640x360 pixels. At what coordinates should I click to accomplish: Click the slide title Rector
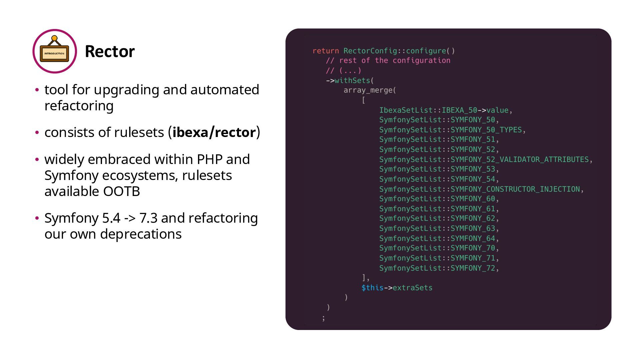tap(110, 51)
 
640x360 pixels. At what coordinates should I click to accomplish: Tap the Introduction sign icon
tap(54, 51)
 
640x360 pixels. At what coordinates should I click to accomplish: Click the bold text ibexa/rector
tap(214, 132)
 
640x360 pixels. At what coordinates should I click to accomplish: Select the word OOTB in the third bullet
tap(121, 191)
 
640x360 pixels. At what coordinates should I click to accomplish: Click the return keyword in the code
tap(325, 51)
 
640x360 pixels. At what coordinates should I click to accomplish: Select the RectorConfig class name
tap(370, 51)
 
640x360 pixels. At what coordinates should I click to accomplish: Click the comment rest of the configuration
tap(394, 61)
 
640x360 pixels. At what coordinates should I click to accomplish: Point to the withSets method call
tap(352, 81)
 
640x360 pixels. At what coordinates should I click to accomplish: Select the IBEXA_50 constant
tap(459, 110)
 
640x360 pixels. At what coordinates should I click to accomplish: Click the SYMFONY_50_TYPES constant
tap(486, 130)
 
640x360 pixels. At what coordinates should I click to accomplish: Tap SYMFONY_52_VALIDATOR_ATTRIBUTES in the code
tap(519, 160)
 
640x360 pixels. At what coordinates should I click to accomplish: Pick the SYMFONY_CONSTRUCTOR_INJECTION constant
tap(515, 189)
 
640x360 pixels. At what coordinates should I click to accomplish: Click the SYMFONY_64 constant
tap(473, 239)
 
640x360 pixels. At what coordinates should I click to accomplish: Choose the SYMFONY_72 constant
tap(473, 268)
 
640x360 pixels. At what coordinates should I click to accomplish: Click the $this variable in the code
tap(372, 288)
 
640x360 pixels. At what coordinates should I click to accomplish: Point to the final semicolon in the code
tap(323, 318)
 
